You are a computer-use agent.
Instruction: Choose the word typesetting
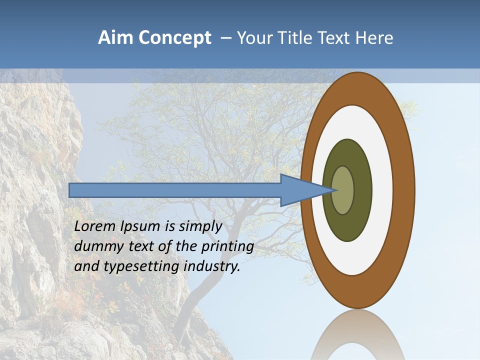pyautogui.click(x=141, y=266)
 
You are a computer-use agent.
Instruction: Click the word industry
pyautogui.click(x=212, y=266)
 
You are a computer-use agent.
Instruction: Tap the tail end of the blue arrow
pyautogui.click(x=70, y=190)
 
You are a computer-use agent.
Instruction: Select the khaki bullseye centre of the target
pyautogui.click(x=343, y=190)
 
